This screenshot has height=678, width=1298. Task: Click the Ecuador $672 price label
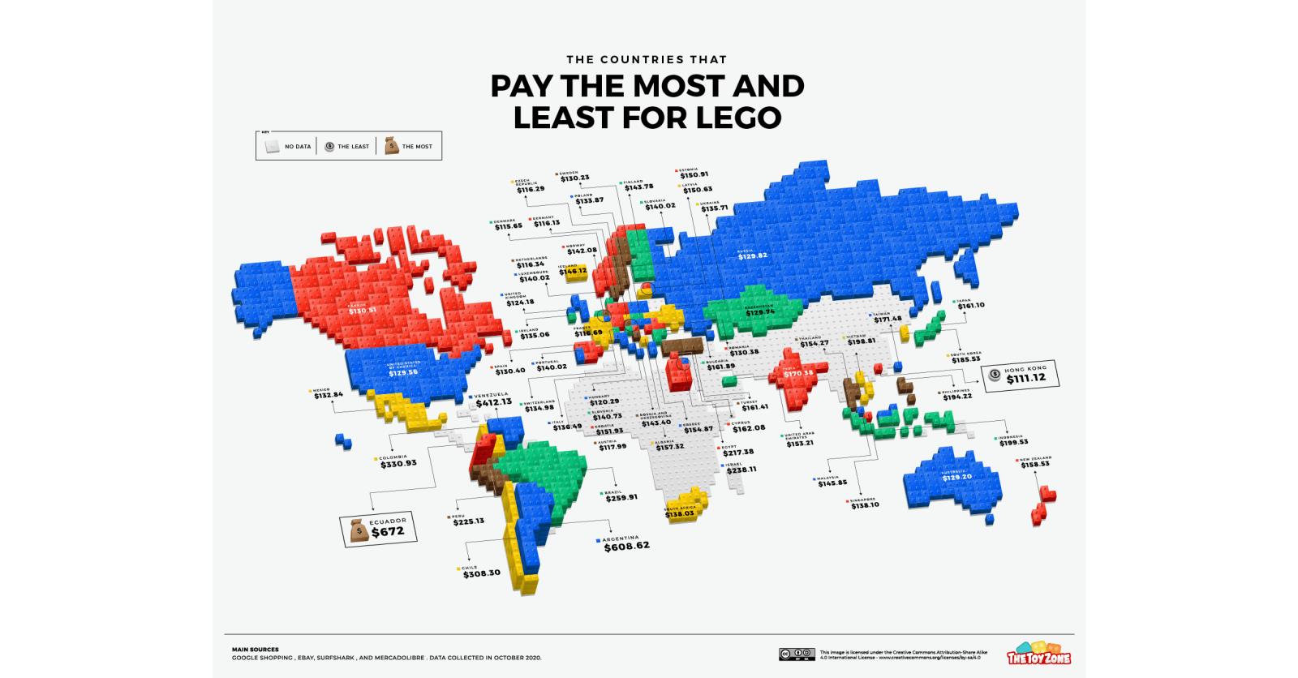coord(387,532)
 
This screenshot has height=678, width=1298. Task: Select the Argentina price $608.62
coord(626,547)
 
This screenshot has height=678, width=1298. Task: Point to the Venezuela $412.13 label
coord(492,401)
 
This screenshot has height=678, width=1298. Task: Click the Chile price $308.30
coord(481,573)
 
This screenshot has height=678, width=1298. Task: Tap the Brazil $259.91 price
coord(621,497)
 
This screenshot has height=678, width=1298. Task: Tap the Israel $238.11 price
coord(741,469)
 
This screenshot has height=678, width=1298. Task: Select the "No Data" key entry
coord(286,147)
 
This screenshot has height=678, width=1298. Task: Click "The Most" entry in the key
coord(409,147)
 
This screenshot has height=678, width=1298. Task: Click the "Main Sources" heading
coord(255,649)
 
